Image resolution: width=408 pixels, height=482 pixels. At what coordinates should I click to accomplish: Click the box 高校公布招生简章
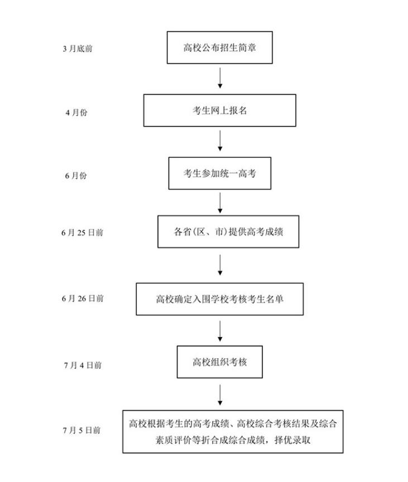coord(220,47)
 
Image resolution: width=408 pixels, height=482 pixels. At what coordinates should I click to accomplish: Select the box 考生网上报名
coord(220,110)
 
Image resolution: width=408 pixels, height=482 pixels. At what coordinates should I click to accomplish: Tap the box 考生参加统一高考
coord(220,173)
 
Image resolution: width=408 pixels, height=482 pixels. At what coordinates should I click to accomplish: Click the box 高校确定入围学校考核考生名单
coord(220,299)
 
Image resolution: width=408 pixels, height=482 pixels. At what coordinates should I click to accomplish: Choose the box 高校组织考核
coord(220,362)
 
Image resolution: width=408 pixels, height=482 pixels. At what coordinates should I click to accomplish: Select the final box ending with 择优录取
coord(233,431)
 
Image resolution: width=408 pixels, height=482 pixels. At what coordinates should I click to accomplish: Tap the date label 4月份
coord(76,113)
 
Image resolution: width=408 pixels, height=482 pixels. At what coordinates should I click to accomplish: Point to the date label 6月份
coord(76,176)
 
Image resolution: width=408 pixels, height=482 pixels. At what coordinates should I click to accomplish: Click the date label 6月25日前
coord(82,233)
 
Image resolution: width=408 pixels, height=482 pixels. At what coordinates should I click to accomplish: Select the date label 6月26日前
coord(83,299)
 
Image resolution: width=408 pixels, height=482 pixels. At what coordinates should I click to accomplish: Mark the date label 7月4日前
coord(83,366)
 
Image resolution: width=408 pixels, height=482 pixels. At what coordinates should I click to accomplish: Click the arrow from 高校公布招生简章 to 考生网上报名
coord(220,78)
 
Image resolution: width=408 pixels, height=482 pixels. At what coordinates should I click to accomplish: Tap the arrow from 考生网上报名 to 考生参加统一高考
coord(220,141)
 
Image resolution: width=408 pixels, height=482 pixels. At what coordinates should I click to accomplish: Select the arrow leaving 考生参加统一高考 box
coord(220,203)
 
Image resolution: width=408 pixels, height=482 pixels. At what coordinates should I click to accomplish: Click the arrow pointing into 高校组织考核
coord(220,330)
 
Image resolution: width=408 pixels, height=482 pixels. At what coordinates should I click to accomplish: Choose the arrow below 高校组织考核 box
coord(220,395)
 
